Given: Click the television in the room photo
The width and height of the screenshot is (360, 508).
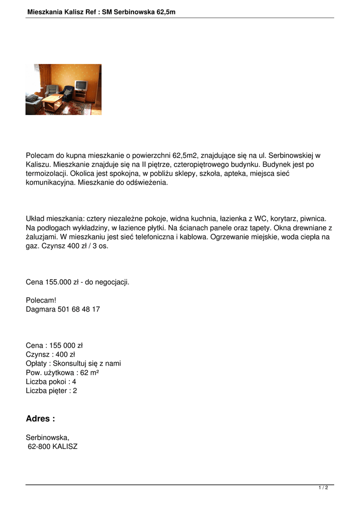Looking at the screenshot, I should point(80,85).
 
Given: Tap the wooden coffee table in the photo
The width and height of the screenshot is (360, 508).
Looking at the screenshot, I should point(52,101).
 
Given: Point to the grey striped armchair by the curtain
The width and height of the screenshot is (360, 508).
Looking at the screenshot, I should point(52,90).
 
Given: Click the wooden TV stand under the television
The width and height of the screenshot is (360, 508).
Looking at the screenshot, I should point(80,95).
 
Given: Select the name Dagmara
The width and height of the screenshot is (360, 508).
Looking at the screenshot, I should point(41,309).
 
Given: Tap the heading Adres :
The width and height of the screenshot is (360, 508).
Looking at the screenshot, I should point(40,419).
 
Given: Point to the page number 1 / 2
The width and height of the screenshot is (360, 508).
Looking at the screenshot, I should point(323,488).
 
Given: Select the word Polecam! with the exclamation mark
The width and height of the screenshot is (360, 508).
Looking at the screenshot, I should point(41,300).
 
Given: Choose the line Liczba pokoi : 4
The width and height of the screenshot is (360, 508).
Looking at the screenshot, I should point(51,381).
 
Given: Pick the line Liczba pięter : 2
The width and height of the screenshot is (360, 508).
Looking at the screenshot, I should point(51,390).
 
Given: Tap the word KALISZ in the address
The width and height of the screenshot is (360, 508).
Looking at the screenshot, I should point(65,446).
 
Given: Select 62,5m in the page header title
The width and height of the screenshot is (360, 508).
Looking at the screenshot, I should point(166,11).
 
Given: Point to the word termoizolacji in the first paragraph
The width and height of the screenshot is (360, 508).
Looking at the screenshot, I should point(46,173).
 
